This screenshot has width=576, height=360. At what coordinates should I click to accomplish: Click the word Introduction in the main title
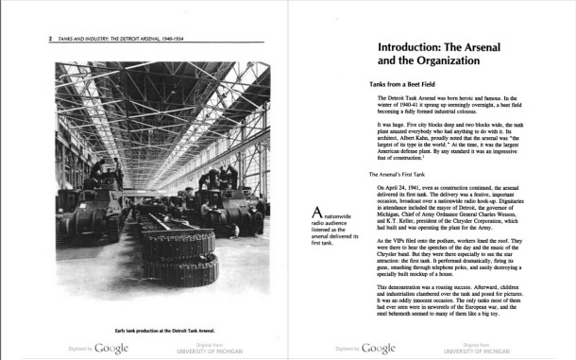(x=416, y=46)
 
